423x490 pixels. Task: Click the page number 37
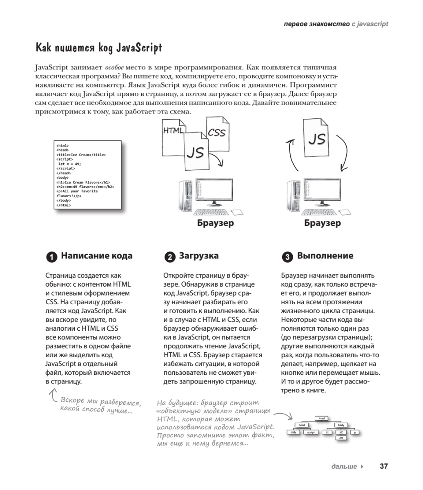tap(383, 466)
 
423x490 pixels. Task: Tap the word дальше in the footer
tap(344, 466)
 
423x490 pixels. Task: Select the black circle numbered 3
tap(287, 257)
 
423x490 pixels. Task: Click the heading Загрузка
tap(198, 256)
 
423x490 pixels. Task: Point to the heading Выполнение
tap(325, 256)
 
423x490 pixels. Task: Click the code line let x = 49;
tap(69, 164)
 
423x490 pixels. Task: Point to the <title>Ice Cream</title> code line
tap(81, 155)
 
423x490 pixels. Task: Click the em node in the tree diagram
tap(341, 438)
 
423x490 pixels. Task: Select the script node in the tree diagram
tap(311, 432)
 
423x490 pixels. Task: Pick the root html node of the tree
tap(322, 418)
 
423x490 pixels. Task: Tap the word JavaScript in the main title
tap(135, 48)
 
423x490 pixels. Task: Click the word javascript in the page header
tap(372, 24)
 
